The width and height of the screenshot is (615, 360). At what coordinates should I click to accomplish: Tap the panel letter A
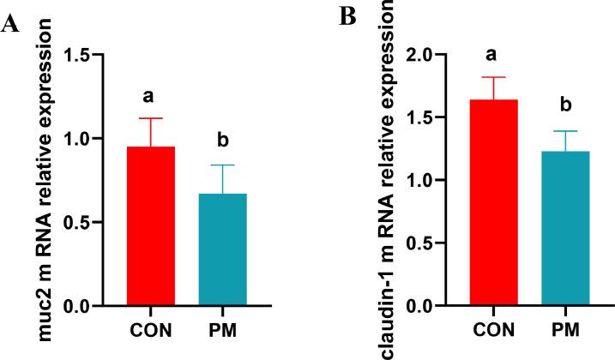(11, 25)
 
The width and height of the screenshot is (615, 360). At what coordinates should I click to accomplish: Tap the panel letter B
(347, 18)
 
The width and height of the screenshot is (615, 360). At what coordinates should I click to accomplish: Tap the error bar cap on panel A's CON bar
(151, 118)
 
